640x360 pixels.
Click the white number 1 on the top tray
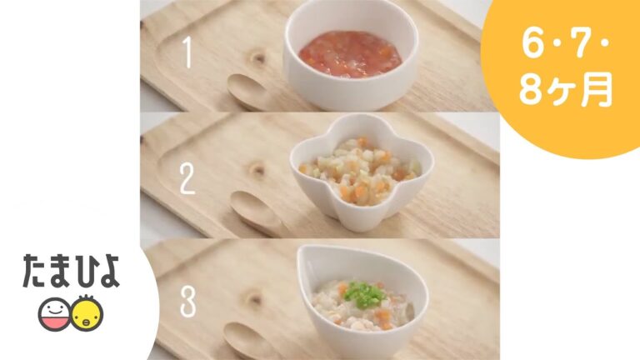187,52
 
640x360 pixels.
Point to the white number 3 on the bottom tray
188,301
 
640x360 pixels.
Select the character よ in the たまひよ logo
107,272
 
